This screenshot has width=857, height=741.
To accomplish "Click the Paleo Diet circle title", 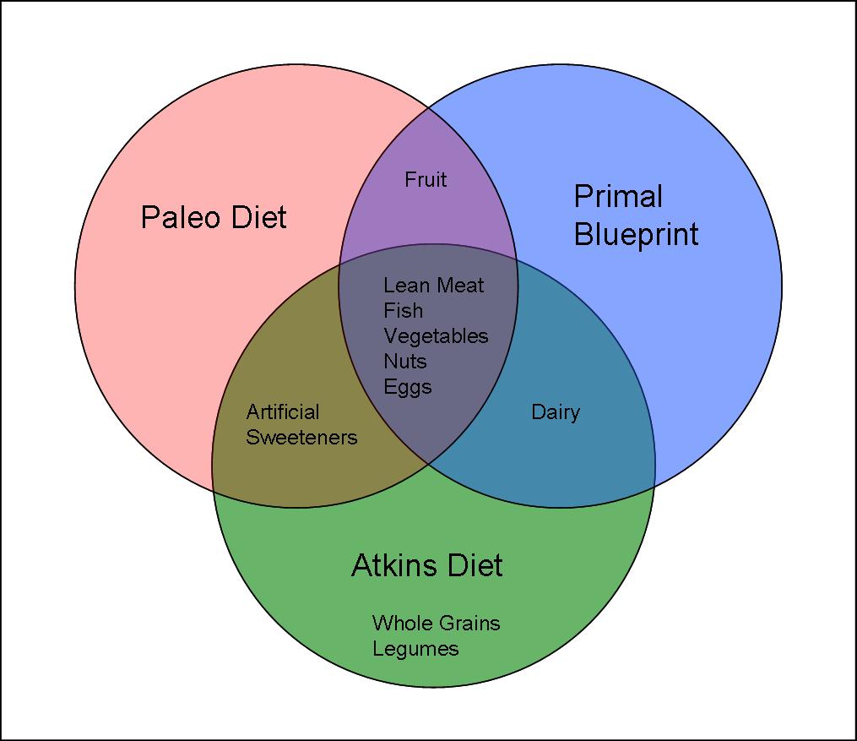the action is pyautogui.click(x=214, y=217).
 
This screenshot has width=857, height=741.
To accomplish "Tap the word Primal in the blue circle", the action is pyautogui.click(x=618, y=196).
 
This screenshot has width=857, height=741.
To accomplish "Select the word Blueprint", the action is pyautogui.click(x=636, y=235).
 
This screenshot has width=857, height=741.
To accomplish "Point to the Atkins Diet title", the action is pyautogui.click(x=427, y=565).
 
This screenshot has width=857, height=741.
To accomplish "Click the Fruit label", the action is pyautogui.click(x=426, y=179).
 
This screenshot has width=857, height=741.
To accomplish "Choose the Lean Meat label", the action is pyautogui.click(x=434, y=285).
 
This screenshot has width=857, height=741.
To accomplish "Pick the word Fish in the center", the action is pyautogui.click(x=404, y=311).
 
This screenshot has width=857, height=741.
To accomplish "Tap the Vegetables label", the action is pyautogui.click(x=437, y=336).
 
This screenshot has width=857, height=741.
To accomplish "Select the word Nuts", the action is pyautogui.click(x=405, y=362).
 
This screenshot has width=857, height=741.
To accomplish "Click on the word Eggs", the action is pyautogui.click(x=408, y=387).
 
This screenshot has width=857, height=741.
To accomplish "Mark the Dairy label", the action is pyautogui.click(x=556, y=412).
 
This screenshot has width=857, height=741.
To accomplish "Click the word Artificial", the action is pyautogui.click(x=283, y=411).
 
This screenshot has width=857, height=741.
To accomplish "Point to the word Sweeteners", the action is pyautogui.click(x=301, y=438).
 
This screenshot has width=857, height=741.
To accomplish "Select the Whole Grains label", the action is pyautogui.click(x=437, y=623).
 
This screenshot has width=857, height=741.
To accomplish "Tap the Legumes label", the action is pyautogui.click(x=415, y=649).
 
